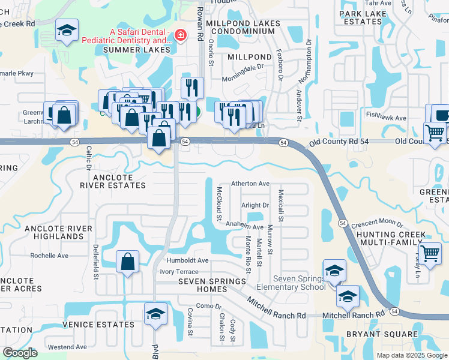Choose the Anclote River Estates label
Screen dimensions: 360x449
[113, 181]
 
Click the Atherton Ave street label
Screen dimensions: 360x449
[250, 184]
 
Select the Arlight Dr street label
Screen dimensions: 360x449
[255, 205]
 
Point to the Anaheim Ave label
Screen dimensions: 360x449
[244, 227]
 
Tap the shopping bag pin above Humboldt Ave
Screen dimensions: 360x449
[128, 262]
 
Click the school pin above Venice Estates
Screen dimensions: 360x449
[155, 314]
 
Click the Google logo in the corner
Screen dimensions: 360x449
[20, 353]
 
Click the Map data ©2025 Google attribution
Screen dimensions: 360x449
[411, 355]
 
